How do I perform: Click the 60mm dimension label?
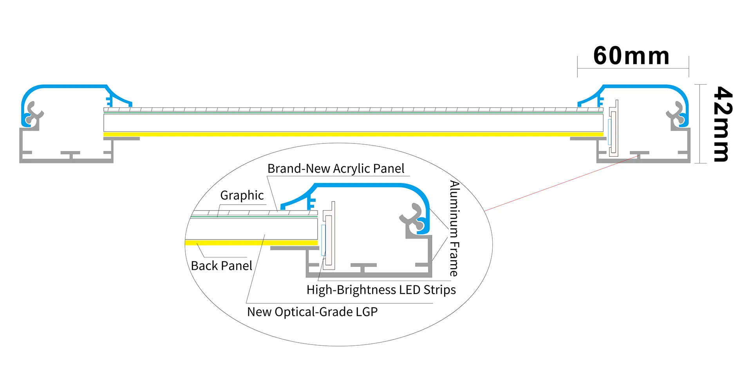pos(631,56)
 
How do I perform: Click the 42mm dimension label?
pos(722,124)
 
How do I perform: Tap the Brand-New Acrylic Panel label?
pos(336,169)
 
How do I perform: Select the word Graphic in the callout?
pos(242,195)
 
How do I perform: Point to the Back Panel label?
pos(221,266)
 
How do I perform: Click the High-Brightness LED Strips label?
pos(381,290)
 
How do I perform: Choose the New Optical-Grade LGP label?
pos(312,312)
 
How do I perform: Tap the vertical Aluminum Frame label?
pos(454,228)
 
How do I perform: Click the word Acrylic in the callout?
pos(349,169)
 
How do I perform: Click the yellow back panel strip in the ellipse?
pos(251,243)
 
